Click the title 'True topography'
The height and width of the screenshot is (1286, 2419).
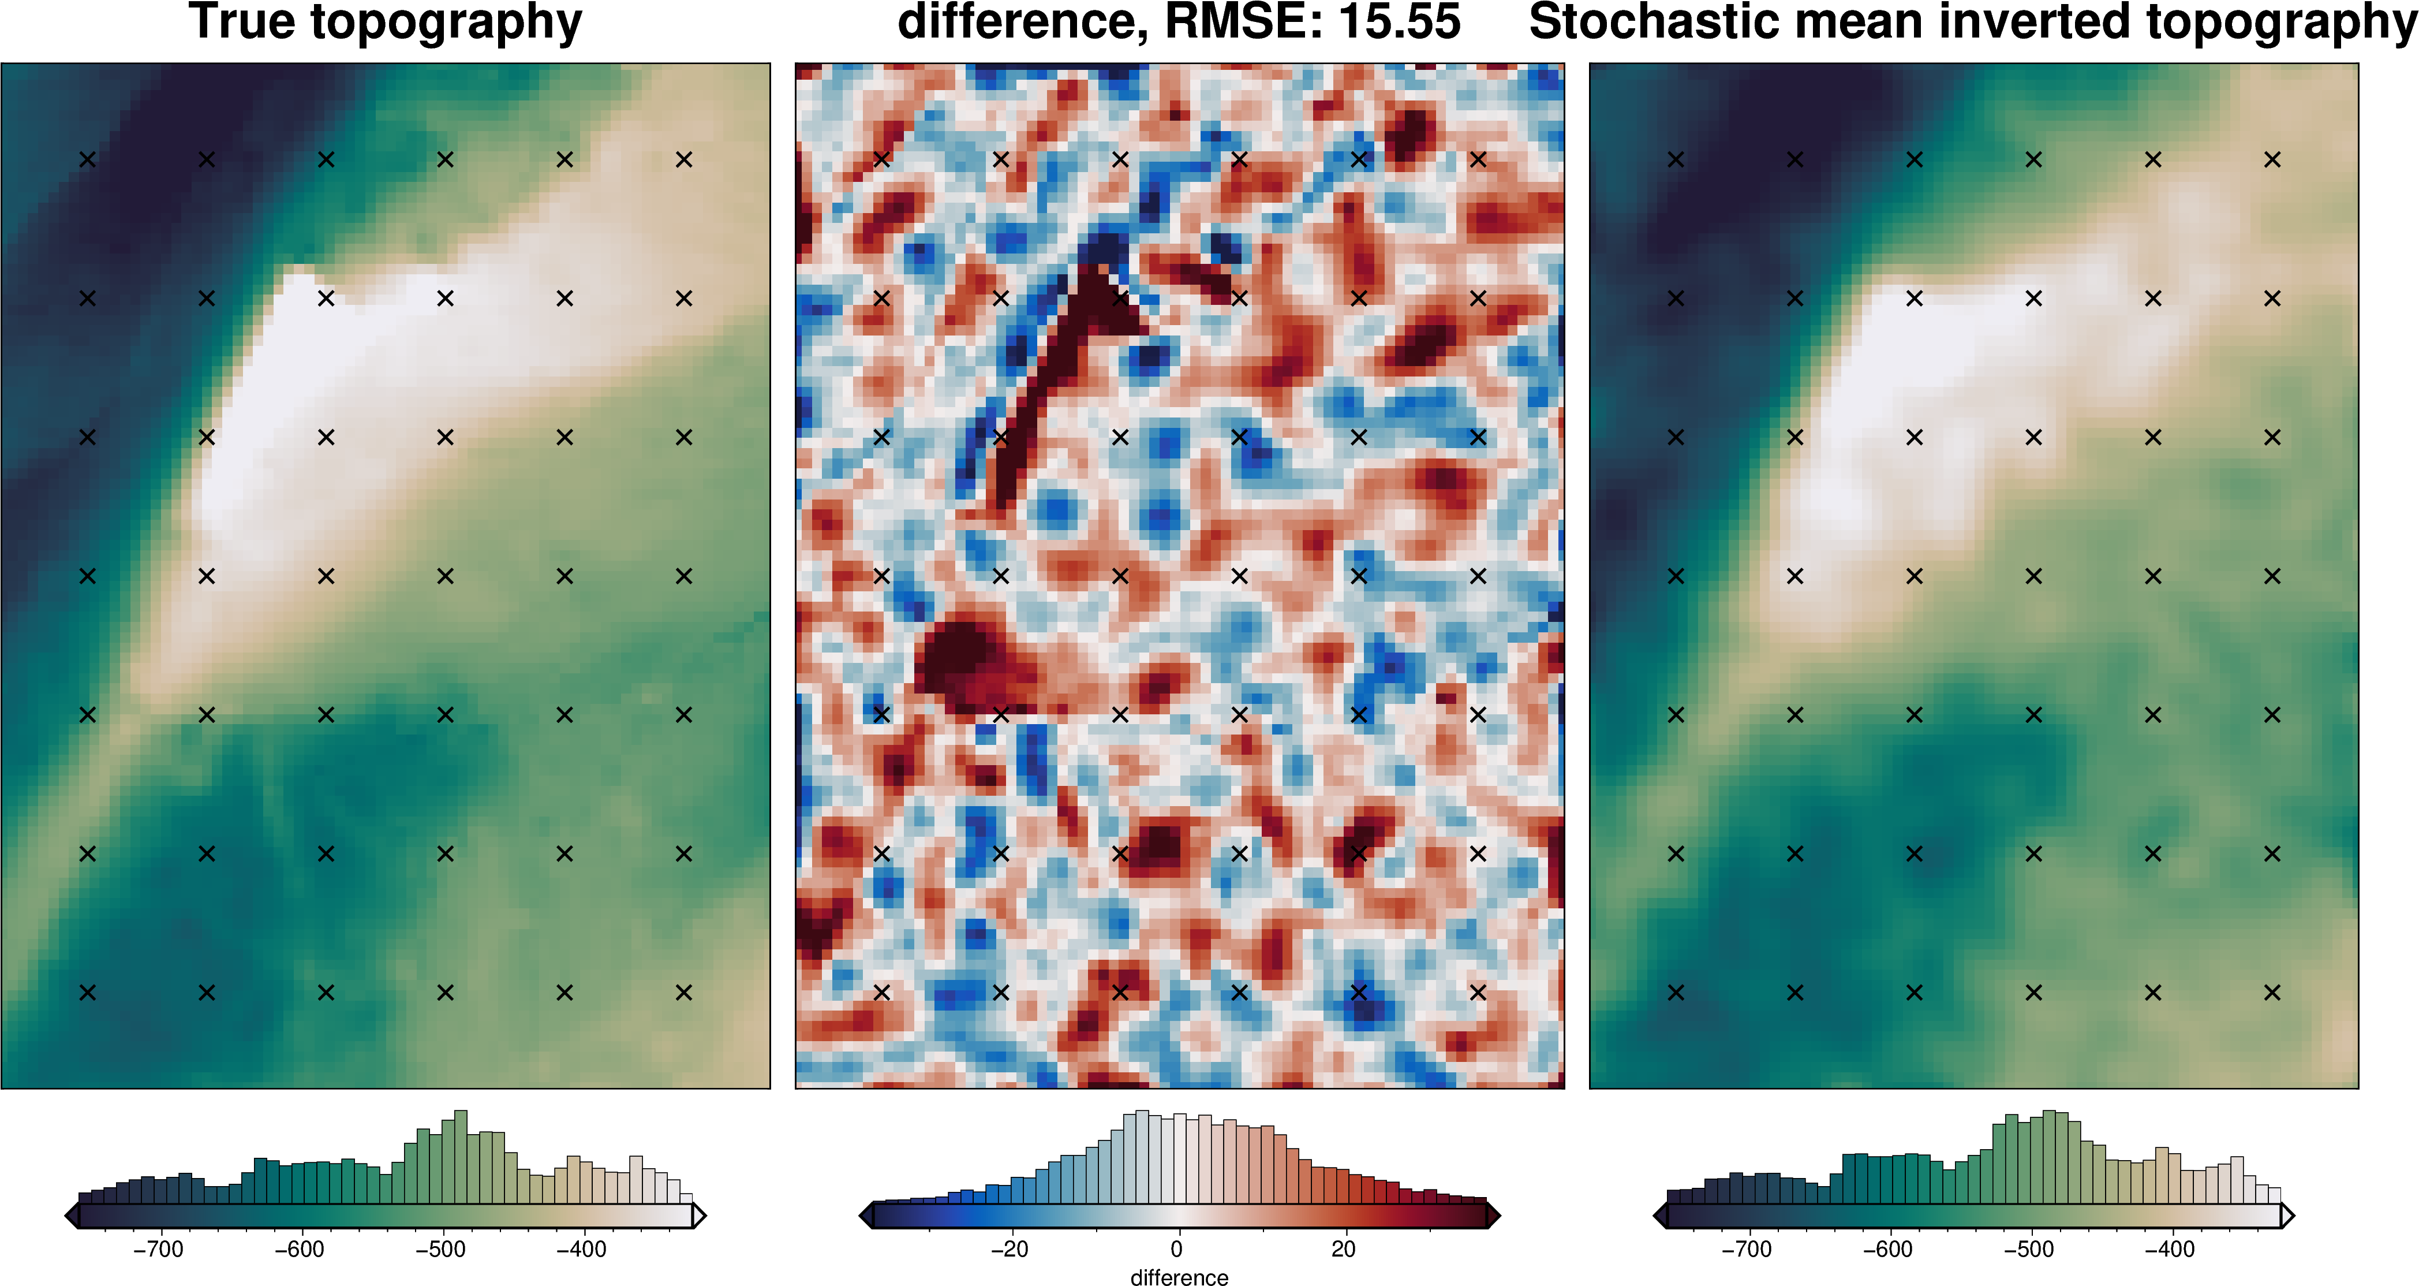pos(385,23)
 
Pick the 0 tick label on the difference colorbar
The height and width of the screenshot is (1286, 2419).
pos(1177,1250)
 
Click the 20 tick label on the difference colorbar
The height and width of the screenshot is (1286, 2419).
pos(1344,1250)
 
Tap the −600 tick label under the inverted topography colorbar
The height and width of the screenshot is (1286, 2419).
pos(1887,1250)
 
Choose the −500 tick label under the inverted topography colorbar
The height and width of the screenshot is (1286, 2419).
pos(2028,1250)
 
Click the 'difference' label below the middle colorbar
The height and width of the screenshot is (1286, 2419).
pos(1179,1277)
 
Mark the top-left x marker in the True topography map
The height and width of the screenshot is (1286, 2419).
pos(87,160)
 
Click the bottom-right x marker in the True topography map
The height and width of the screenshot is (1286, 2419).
pos(683,992)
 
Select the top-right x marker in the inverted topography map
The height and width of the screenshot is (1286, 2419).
pos(2272,160)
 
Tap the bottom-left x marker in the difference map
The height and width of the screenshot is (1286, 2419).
pos(882,992)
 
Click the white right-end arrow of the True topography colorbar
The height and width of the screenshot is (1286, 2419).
pos(698,1216)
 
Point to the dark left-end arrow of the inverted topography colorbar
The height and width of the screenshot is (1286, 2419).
pos(1660,1216)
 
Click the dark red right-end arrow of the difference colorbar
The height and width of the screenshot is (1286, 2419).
pos(1493,1216)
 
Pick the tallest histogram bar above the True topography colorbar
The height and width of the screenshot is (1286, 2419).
pos(460,1155)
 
